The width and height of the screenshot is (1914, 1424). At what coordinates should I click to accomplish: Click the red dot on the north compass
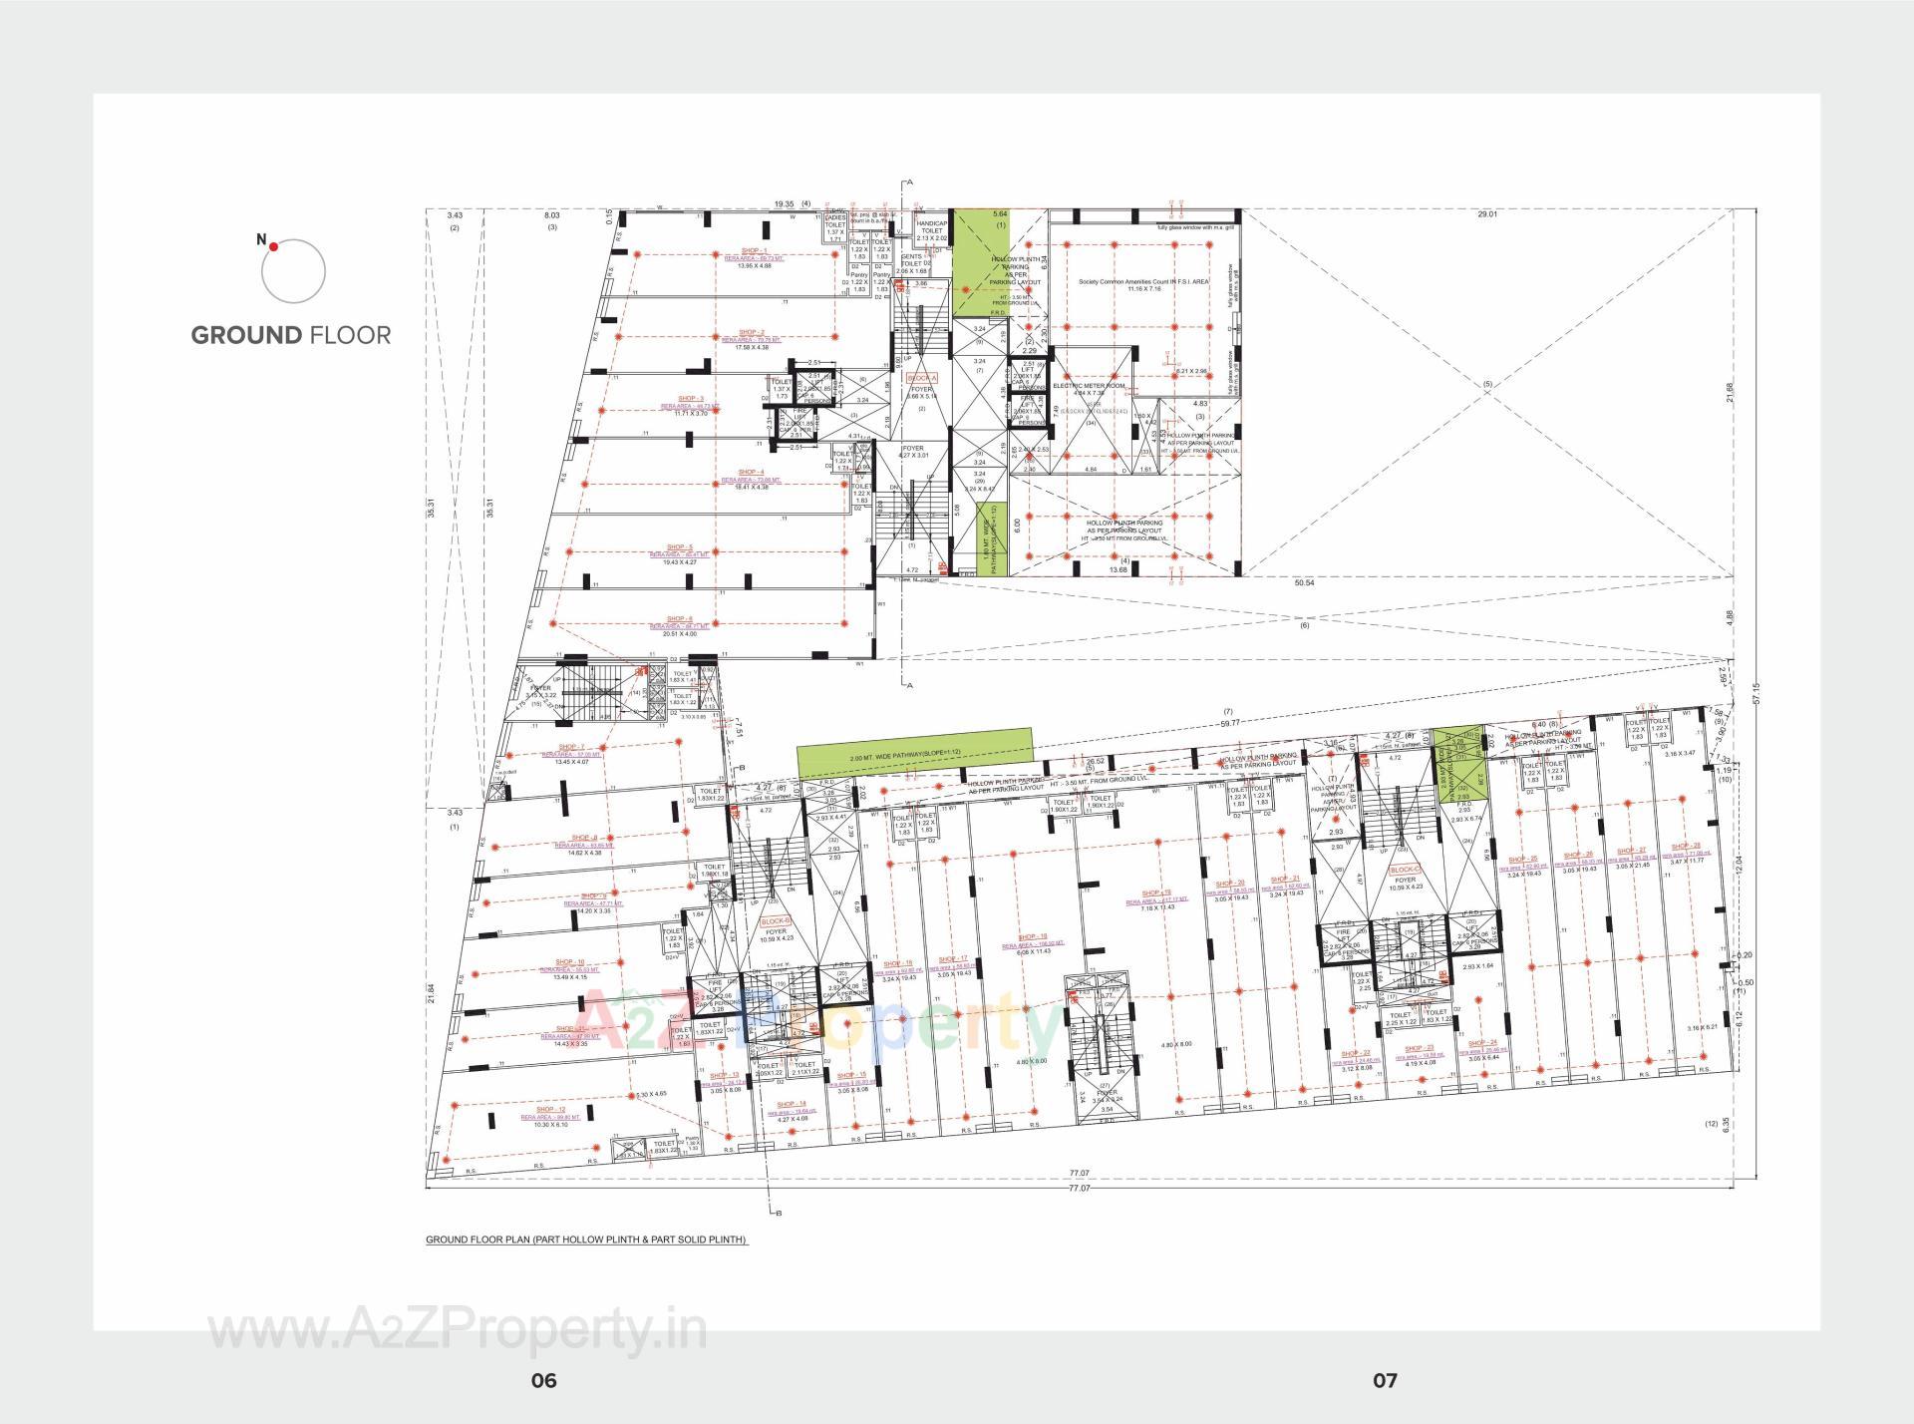coord(273,245)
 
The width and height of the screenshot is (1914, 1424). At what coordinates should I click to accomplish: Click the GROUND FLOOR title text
coord(291,335)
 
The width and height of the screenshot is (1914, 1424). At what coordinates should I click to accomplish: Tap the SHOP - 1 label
coord(754,250)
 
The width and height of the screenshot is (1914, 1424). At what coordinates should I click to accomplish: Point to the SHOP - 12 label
coord(550,1109)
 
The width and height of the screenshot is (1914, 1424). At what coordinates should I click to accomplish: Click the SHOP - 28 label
coord(1686,846)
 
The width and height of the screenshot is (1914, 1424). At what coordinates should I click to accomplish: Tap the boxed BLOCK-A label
coord(922,379)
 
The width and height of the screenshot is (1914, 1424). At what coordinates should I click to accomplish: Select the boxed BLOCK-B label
coord(775,921)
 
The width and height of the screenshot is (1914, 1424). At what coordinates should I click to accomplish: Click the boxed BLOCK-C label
coord(1404,870)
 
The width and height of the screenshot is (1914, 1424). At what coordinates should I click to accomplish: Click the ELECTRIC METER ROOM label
coord(1089,386)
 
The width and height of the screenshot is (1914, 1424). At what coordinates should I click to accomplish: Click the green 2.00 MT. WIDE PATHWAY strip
coord(914,755)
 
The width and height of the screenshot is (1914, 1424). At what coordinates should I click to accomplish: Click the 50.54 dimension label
coord(1304,582)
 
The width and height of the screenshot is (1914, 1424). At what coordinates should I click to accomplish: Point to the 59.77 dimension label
coord(1229,723)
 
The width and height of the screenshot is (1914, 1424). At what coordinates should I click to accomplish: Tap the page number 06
coord(543,1380)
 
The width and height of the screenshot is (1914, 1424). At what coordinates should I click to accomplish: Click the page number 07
coord(1385,1380)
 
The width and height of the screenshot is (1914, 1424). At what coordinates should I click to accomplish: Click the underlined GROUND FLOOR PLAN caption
coord(586,1240)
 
